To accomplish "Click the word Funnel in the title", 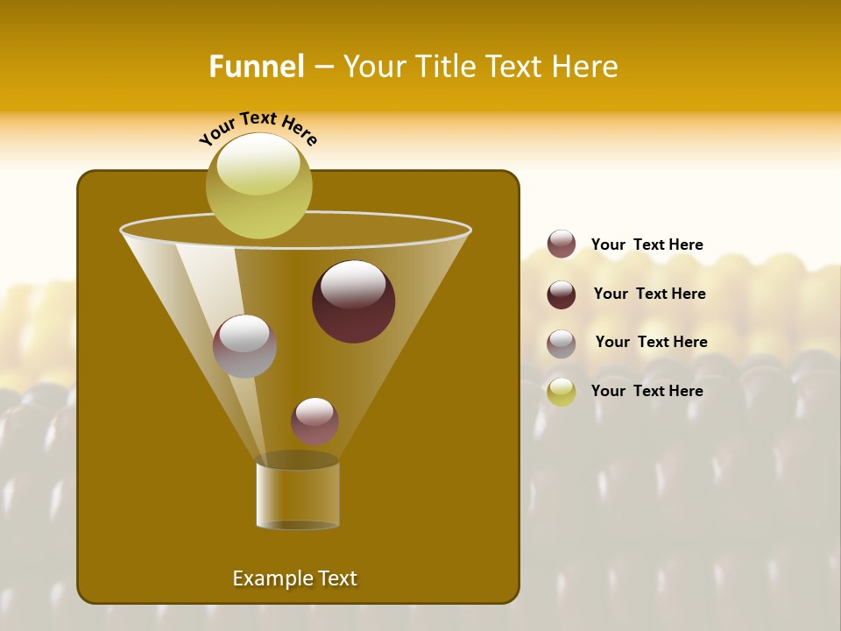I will click(x=256, y=67).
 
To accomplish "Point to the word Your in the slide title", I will click(x=371, y=67).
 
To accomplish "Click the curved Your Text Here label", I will click(x=258, y=126).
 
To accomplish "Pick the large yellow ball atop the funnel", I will click(x=258, y=186).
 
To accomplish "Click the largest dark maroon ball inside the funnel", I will click(x=353, y=301).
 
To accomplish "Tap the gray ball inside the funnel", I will click(x=244, y=345).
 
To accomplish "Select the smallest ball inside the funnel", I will click(x=314, y=422).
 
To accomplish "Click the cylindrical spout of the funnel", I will click(x=297, y=495).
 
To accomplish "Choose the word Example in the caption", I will click(x=271, y=578).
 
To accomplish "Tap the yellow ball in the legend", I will click(x=562, y=392).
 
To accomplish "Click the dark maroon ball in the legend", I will click(x=562, y=294).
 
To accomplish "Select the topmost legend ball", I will click(x=562, y=244).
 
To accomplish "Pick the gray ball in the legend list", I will click(x=562, y=344).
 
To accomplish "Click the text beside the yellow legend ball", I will click(x=647, y=391).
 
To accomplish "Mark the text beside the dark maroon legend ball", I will click(x=649, y=294).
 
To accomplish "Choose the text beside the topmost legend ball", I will click(x=647, y=245).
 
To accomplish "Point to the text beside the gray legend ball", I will click(x=651, y=342).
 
